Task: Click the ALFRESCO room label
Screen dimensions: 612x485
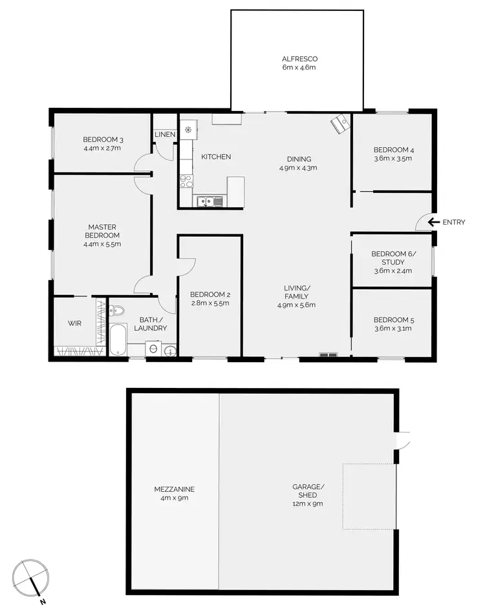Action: tap(299, 59)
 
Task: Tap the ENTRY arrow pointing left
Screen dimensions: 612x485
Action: tap(431, 223)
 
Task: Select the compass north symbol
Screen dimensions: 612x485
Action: tap(33, 577)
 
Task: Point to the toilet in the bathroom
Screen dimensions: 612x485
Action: tap(117, 312)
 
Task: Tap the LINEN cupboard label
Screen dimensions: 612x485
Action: tap(164, 134)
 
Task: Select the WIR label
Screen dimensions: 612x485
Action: tap(74, 323)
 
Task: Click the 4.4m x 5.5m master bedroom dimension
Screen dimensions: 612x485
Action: tap(102, 244)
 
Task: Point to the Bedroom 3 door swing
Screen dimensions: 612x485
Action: tap(142, 165)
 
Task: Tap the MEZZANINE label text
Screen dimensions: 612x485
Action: tap(175, 489)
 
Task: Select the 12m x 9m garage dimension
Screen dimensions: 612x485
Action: tap(308, 504)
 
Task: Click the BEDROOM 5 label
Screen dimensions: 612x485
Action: tap(393, 320)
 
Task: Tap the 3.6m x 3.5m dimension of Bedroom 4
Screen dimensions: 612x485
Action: tap(393, 158)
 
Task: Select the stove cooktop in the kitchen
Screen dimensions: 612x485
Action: tap(186, 181)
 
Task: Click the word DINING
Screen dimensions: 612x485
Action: tap(299, 159)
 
